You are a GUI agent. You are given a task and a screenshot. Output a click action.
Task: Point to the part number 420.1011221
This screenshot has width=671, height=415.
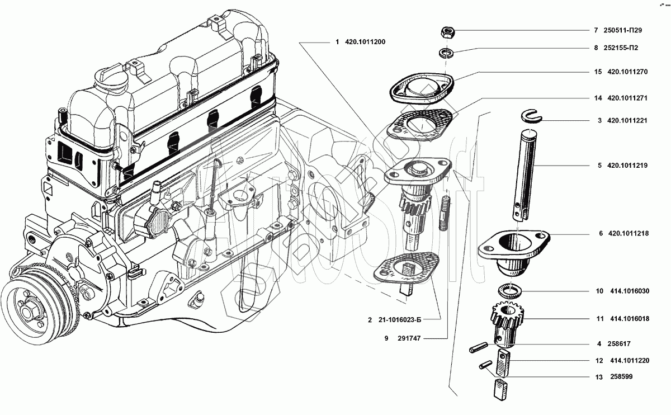pos(627,120)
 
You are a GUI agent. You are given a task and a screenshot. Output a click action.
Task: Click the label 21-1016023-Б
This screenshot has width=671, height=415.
pos(399,320)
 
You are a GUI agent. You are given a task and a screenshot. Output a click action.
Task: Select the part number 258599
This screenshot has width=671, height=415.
pos(621,378)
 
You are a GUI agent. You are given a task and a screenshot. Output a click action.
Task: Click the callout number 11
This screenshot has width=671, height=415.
pos(599,318)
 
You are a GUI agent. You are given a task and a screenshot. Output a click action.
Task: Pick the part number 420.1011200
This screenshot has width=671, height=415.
pos(365,43)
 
